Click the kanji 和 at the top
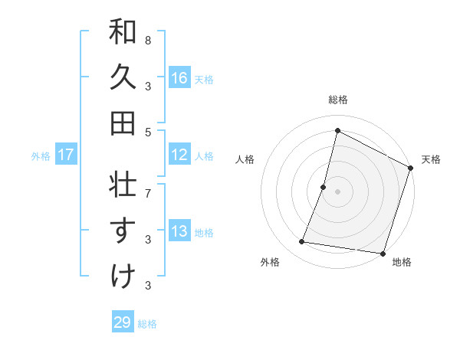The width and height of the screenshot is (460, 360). tap(123, 33)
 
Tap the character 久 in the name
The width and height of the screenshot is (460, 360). tap(123, 77)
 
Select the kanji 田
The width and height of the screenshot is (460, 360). tap(123, 122)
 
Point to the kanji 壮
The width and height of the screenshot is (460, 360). tap(123, 185)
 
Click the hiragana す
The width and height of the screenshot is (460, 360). tap(123, 230)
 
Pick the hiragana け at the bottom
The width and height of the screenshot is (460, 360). tap(123, 276)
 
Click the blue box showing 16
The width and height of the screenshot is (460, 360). tap(179, 77)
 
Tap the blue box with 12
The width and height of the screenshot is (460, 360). tap(179, 155)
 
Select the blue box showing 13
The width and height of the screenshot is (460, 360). tap(179, 231)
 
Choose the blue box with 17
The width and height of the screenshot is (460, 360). tap(66, 155)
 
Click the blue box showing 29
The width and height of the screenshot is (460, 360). tap(123, 322)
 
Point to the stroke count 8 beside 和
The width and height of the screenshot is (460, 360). tap(148, 40)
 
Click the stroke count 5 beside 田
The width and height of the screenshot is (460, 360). tap(148, 132)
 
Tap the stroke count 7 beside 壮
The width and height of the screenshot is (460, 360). tap(148, 185)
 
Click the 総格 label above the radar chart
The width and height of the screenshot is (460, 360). tap(337, 100)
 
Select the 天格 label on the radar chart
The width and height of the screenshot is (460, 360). tap(431, 159)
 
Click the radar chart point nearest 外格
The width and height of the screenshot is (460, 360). tap(302, 242)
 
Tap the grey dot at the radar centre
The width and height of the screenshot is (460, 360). tap(337, 191)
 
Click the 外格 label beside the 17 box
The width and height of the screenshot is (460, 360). tap(40, 155)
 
